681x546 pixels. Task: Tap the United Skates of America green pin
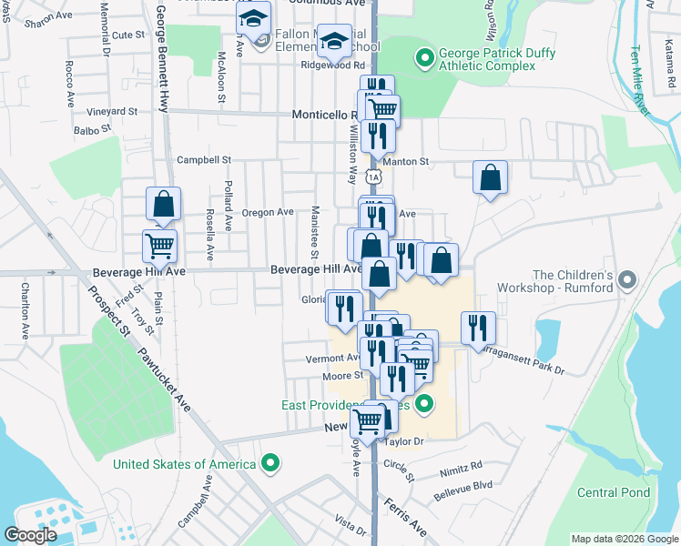pos(269,464)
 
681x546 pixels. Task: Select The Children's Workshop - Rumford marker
pos(626,281)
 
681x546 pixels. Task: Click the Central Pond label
pos(614,493)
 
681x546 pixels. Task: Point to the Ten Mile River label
pos(645,82)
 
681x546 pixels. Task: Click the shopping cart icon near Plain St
pos(159,245)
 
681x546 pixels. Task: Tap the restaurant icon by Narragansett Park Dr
pos(478,329)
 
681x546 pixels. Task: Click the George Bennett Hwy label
pos(162,55)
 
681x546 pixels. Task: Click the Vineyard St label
pos(111,111)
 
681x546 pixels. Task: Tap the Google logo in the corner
pos(31,534)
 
